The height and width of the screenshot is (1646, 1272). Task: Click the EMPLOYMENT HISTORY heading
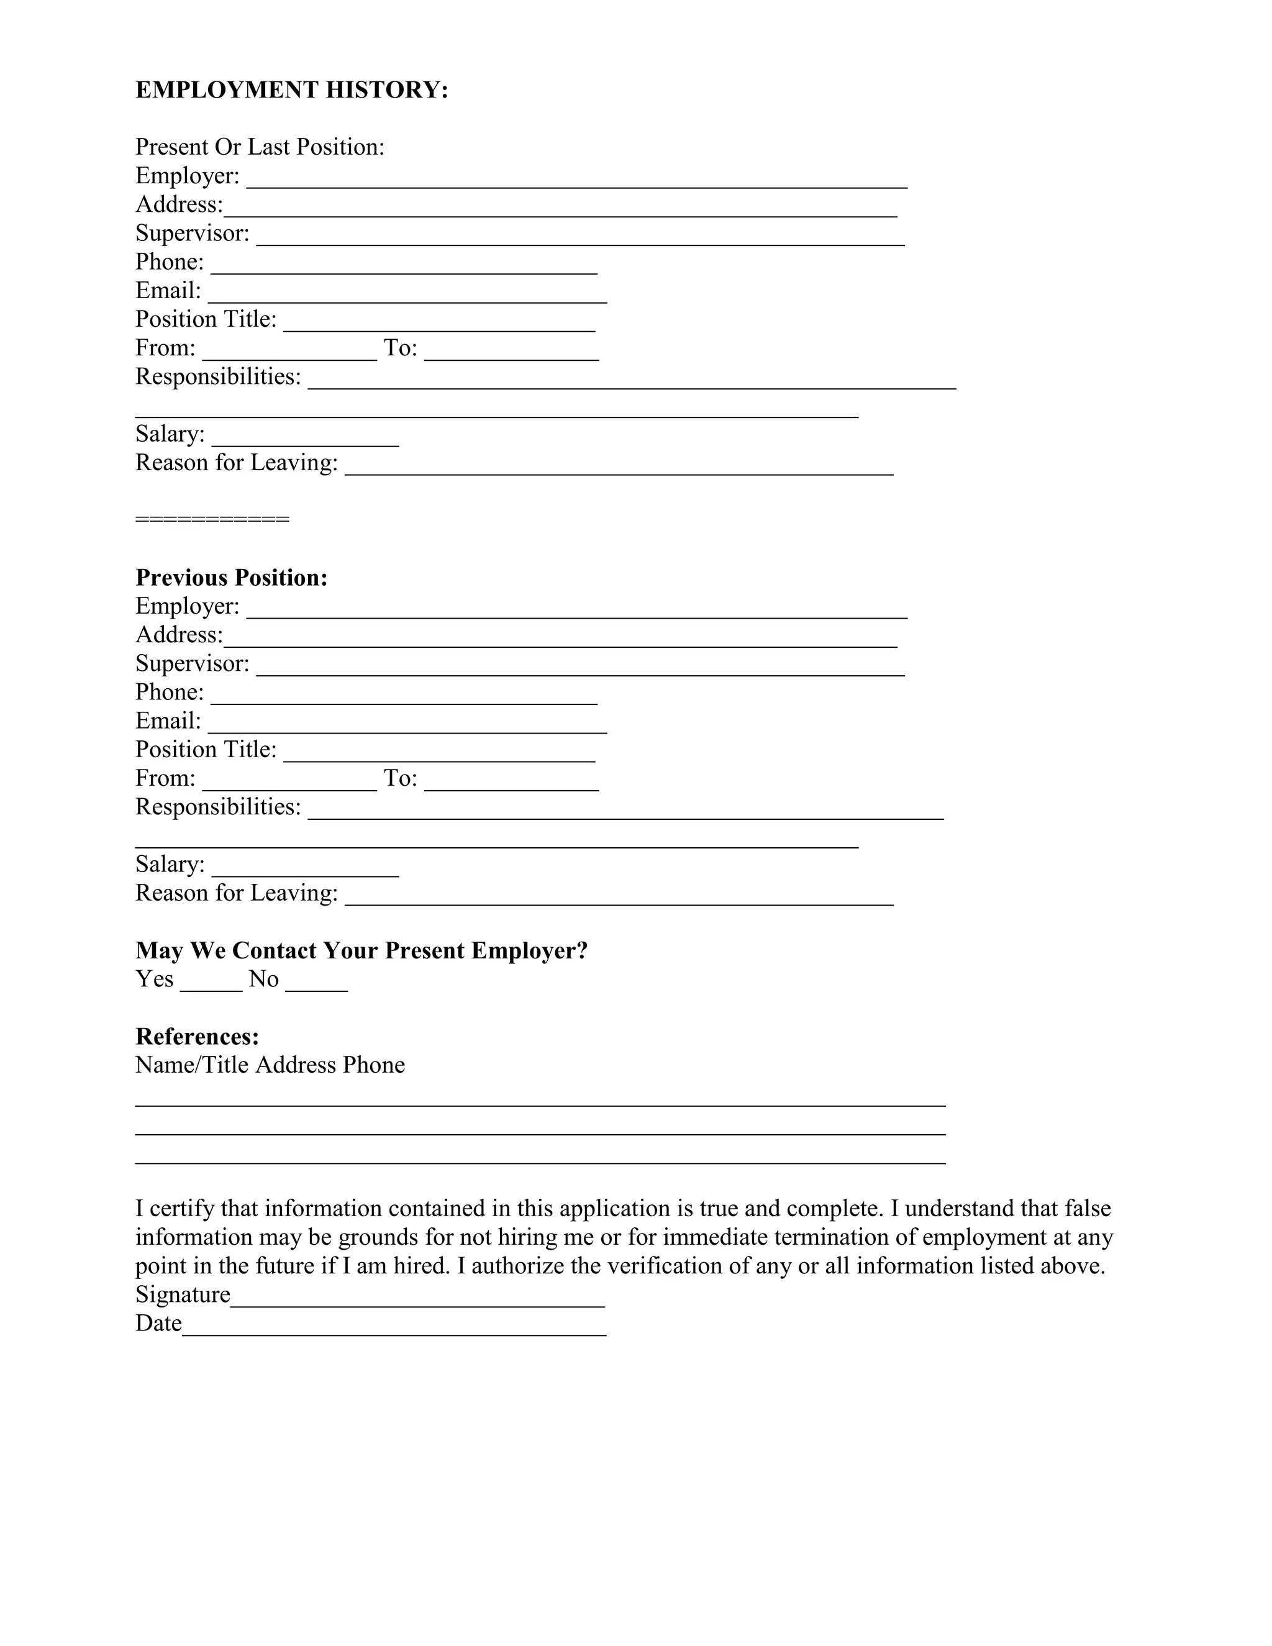[x=292, y=89]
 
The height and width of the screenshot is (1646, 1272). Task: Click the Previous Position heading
[x=231, y=577]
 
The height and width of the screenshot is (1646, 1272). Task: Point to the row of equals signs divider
[x=212, y=519]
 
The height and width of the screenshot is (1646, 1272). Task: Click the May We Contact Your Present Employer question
[x=361, y=950]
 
